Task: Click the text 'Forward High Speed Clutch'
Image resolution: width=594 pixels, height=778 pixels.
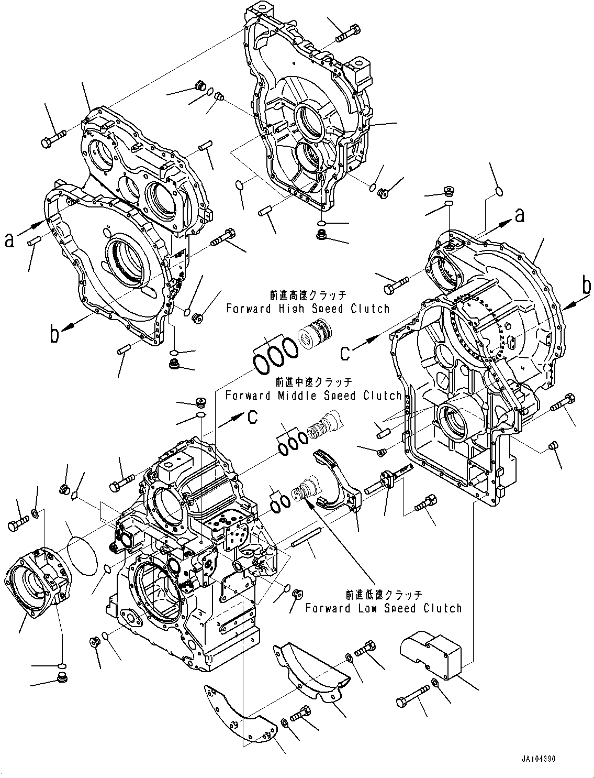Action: [308, 309]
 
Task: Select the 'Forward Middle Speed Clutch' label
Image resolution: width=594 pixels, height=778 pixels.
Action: [313, 396]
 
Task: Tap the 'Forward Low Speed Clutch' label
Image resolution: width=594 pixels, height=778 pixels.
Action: [384, 608]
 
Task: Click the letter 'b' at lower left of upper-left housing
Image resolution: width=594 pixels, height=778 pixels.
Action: [54, 334]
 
